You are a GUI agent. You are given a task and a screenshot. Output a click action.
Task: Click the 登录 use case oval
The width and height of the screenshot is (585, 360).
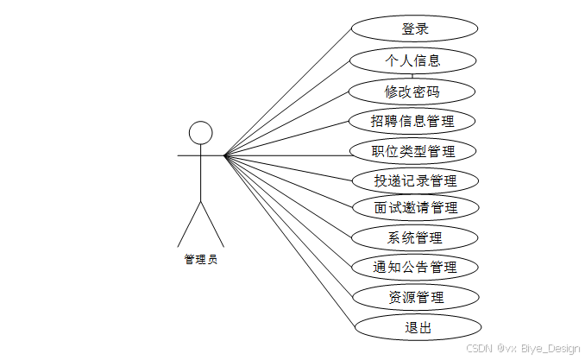414,29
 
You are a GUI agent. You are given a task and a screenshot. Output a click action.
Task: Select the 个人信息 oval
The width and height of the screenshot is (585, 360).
412,60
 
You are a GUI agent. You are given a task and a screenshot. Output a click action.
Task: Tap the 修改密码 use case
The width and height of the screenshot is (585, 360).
412,91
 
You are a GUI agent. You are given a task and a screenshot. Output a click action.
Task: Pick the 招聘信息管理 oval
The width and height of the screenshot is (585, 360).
412,121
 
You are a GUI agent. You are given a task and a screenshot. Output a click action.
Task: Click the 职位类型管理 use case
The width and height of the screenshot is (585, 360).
412,151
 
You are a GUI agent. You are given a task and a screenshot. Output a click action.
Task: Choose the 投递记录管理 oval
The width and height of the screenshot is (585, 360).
414,181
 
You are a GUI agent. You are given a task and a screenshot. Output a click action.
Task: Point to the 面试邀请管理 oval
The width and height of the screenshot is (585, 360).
415,207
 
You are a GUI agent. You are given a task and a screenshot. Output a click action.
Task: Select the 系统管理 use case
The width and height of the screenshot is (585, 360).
415,237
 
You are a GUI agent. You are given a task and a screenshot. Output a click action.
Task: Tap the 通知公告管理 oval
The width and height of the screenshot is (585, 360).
415,267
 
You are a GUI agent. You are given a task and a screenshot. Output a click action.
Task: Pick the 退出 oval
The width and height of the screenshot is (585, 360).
418,327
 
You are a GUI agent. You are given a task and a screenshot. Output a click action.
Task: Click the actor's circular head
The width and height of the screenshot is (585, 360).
200,132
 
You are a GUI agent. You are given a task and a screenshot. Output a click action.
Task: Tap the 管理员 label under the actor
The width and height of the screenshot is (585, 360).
200,258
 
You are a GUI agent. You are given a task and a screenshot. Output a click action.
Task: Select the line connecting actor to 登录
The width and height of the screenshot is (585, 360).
288,91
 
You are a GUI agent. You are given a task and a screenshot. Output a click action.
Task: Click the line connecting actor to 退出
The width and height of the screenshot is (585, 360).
290,242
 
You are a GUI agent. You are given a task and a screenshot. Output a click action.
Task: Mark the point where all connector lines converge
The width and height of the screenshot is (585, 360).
224,155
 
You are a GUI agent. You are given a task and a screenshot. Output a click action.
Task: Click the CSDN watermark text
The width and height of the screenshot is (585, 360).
479,348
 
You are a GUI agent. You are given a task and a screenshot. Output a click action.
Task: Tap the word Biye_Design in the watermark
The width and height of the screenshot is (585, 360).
550,348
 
